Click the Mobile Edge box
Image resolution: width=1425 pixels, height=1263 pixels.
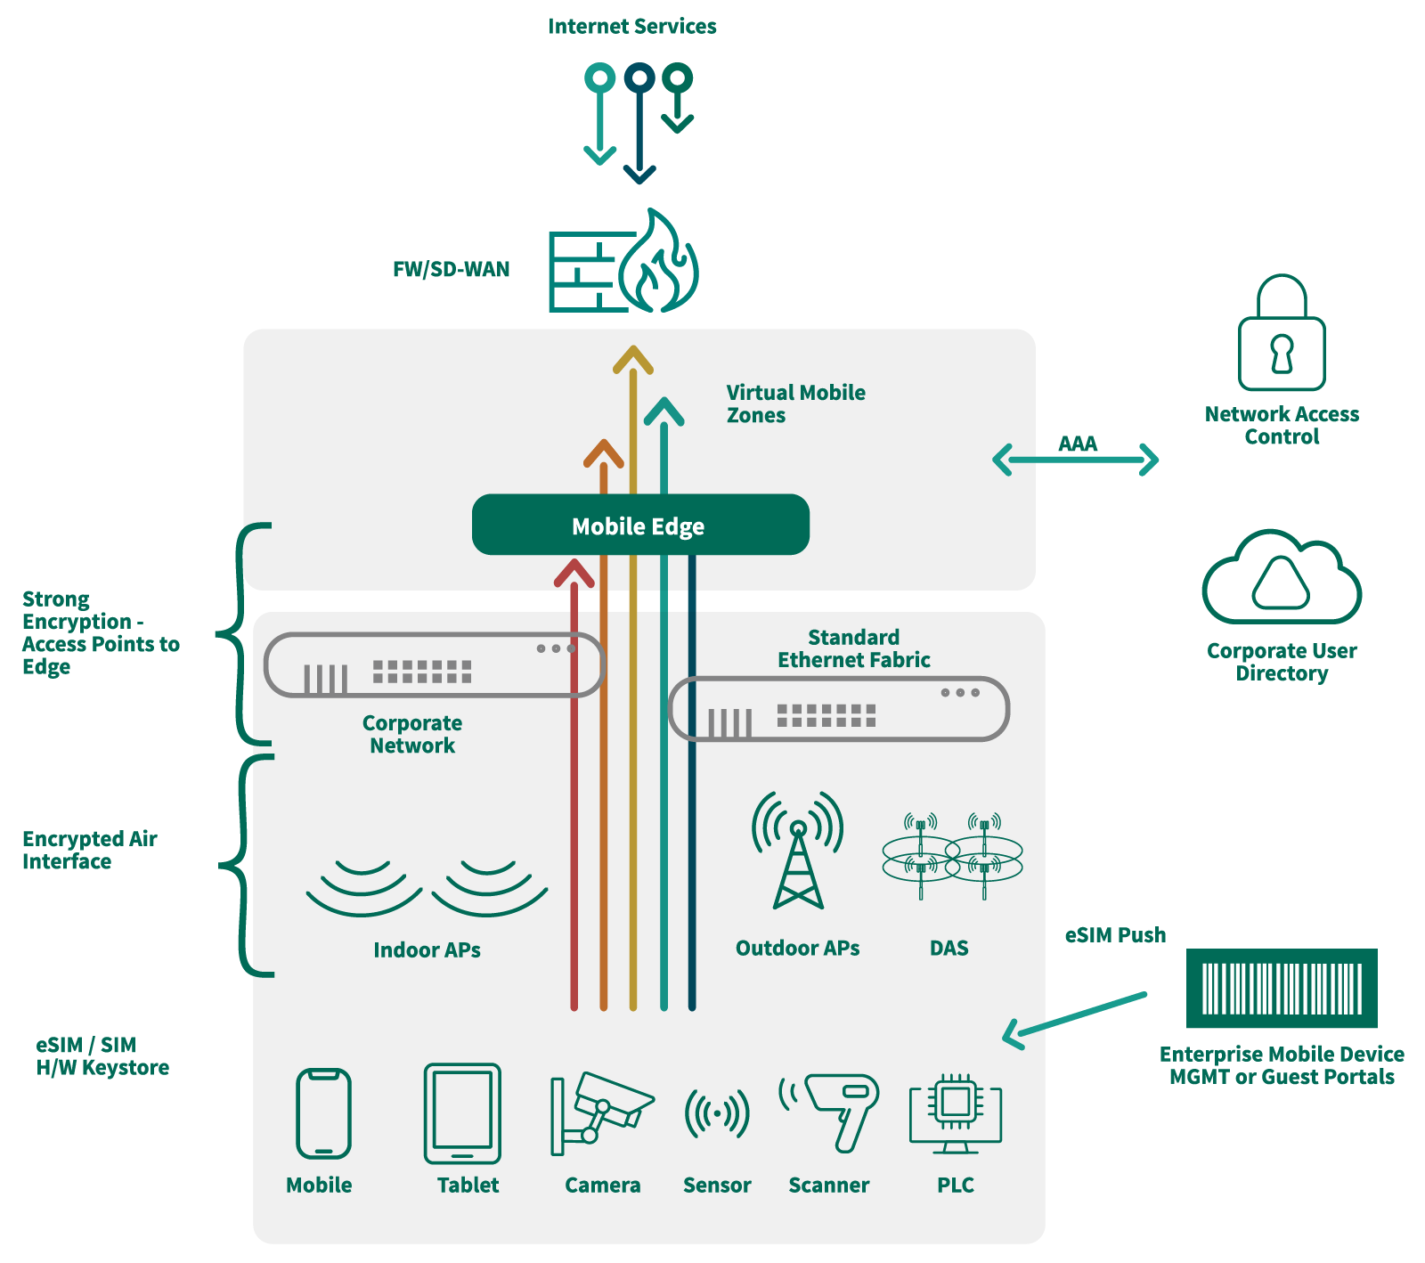(639, 526)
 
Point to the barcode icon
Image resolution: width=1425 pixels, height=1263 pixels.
(1282, 988)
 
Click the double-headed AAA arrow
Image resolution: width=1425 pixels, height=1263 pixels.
(1075, 460)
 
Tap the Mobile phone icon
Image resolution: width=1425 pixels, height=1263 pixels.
(323, 1113)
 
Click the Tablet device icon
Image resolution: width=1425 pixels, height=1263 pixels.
(462, 1113)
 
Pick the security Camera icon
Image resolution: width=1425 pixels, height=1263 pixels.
(600, 1113)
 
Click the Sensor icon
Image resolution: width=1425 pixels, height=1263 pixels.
(717, 1113)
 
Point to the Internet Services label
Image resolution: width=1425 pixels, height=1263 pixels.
(632, 27)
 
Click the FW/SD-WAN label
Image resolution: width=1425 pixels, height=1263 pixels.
(452, 270)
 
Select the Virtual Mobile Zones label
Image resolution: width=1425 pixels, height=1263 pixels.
(794, 403)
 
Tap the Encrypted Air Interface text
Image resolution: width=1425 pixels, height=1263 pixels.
(89, 850)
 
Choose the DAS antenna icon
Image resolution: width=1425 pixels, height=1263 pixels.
(951, 855)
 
